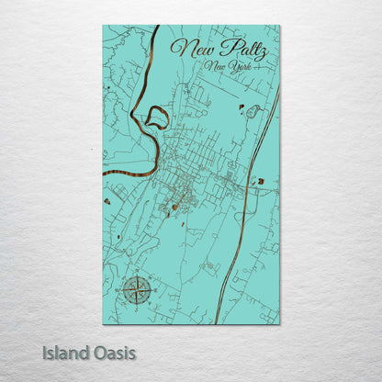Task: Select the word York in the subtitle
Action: pyautogui.click(x=242, y=68)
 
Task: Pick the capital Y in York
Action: pyautogui.click(x=235, y=68)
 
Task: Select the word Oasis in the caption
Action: pyautogui.click(x=113, y=352)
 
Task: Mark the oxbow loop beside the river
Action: pyautogui.click(x=156, y=118)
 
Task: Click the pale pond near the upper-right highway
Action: pyautogui.click(x=253, y=112)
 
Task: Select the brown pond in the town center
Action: pyautogui.click(x=175, y=207)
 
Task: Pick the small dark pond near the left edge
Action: pyautogui.click(x=107, y=201)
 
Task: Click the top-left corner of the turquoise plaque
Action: pyautogui.click(x=104, y=26)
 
